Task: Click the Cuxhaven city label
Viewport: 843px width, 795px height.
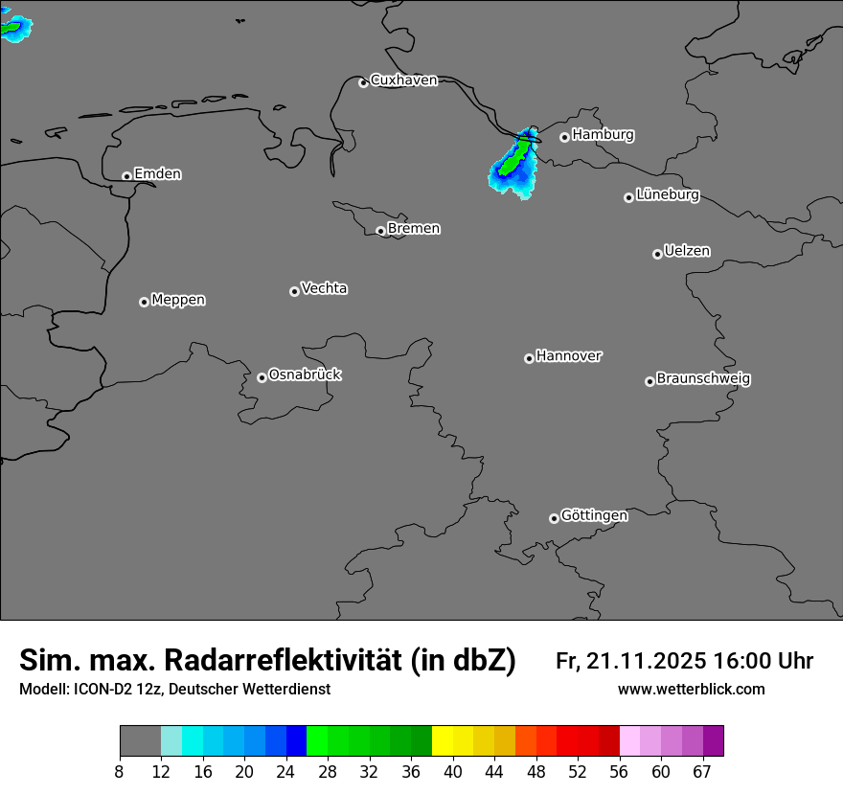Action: (x=403, y=80)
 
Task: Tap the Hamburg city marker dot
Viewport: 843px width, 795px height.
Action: (x=564, y=137)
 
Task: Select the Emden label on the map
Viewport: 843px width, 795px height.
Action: (x=157, y=174)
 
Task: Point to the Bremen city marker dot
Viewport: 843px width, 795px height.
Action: (x=380, y=231)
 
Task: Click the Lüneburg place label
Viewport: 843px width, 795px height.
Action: (x=668, y=195)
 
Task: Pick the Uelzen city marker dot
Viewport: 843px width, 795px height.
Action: (x=657, y=254)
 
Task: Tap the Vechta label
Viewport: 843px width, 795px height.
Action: (x=324, y=288)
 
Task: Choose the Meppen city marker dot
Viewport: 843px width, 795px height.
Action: (x=144, y=302)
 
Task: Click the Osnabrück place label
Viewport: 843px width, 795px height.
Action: (x=305, y=375)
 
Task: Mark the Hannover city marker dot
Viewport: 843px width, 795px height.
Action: (x=529, y=358)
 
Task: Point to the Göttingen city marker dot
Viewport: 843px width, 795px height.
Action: (x=554, y=518)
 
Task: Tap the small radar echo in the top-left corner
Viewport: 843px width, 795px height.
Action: (x=14, y=29)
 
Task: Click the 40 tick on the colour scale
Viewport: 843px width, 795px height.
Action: (x=453, y=771)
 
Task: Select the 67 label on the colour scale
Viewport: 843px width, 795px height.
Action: (x=702, y=771)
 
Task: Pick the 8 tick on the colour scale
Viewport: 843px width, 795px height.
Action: (x=120, y=771)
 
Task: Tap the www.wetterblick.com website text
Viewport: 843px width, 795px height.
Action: (x=692, y=690)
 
